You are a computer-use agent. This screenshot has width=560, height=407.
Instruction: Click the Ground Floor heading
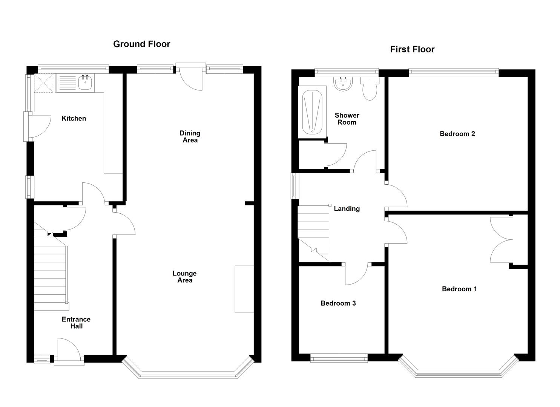[141, 44]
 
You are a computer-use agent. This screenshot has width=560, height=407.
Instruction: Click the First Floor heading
[412, 49]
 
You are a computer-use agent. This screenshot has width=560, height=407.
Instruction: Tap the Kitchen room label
[74, 118]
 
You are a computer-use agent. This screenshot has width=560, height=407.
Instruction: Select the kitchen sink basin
[85, 83]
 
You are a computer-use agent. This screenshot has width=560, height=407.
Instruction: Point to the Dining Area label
[190, 136]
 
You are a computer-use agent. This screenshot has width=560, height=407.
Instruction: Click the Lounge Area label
[184, 277]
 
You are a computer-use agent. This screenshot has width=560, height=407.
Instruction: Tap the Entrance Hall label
[76, 323]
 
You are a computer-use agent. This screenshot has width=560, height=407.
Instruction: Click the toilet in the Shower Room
[369, 89]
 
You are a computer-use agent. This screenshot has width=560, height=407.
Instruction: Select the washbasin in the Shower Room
[343, 84]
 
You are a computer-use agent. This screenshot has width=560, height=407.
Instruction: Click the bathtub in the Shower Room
[312, 112]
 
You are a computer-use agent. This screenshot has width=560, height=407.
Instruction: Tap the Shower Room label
[347, 119]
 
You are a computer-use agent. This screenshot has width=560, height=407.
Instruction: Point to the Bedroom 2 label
[457, 134]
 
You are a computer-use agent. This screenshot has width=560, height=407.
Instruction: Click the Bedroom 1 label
[459, 289]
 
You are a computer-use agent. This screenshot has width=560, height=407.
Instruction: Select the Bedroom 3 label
[338, 303]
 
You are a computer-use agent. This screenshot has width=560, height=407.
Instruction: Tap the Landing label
[347, 209]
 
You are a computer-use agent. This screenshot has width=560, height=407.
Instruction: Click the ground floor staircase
[51, 266]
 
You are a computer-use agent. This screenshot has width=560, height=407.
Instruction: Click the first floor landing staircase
[315, 233]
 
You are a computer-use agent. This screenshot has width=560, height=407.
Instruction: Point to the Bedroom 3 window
[339, 358]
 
